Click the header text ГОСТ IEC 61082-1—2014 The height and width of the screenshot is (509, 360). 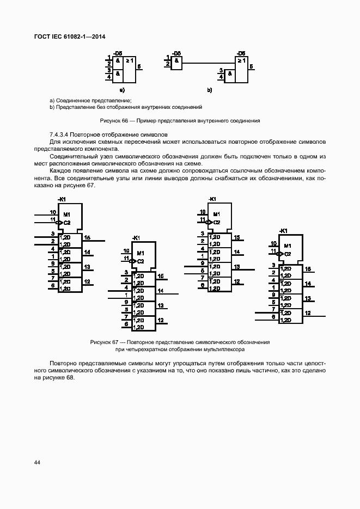[x=70, y=36]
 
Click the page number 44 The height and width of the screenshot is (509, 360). [x=37, y=462]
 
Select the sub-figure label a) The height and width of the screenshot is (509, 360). [x=122, y=89]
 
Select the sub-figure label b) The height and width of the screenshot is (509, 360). [x=209, y=89]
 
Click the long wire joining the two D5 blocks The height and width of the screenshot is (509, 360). [x=210, y=64]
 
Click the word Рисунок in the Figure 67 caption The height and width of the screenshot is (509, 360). [x=100, y=342]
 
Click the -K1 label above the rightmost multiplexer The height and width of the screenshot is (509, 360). [x=283, y=231]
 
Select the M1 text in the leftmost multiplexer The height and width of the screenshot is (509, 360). [x=66, y=213]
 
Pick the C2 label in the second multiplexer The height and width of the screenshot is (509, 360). [x=141, y=261]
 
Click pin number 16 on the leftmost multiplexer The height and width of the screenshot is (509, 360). [x=87, y=237]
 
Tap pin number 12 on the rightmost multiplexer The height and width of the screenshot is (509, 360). [x=308, y=312]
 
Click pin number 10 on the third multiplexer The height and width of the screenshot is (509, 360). [x=202, y=212]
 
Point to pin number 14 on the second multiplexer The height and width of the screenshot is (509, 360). [x=160, y=291]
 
